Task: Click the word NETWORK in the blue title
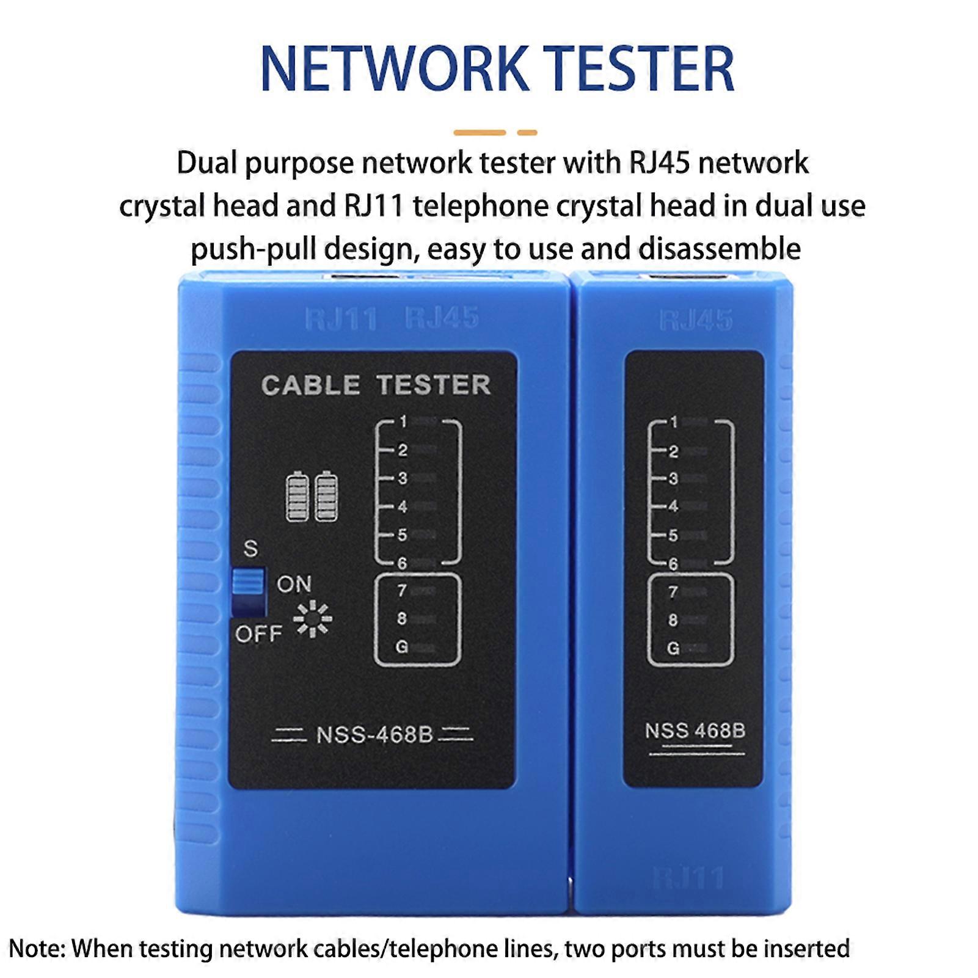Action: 394,69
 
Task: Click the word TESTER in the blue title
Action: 638,69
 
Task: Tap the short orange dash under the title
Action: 527,133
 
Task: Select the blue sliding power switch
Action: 248,582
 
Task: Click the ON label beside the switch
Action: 294,585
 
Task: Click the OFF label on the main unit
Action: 258,634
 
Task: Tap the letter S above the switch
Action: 250,549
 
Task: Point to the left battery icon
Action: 297,496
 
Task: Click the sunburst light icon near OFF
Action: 313,619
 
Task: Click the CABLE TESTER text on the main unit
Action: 376,385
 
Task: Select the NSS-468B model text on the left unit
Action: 374,735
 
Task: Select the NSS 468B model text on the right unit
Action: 695,731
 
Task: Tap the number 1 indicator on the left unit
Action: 403,421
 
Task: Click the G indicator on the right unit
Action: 673,648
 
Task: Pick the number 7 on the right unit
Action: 673,592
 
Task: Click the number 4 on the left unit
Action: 402,506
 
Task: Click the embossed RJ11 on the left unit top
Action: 341,319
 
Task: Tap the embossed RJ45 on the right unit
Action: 696,320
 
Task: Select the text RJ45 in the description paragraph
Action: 659,163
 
